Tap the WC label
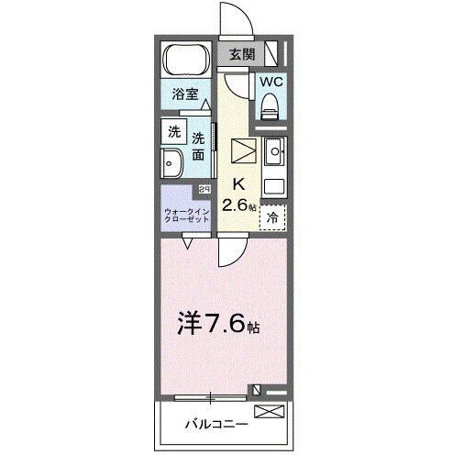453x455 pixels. [x=271, y=82]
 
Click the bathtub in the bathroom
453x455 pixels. [x=187, y=61]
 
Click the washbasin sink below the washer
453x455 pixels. [x=173, y=165]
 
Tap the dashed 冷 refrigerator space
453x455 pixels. [x=272, y=218]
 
